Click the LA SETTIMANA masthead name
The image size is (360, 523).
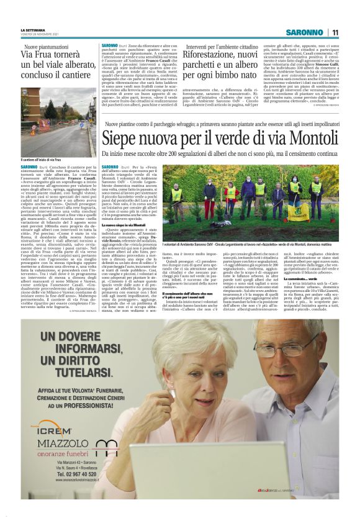click(32, 30)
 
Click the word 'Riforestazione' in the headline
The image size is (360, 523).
click(193, 56)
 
